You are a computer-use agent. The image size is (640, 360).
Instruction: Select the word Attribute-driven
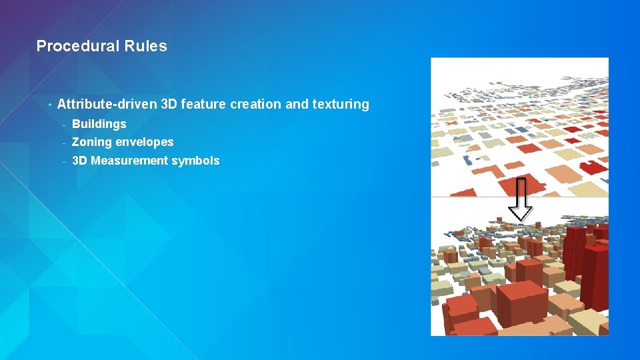click(x=107, y=104)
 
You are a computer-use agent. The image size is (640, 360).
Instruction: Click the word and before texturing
click(x=296, y=104)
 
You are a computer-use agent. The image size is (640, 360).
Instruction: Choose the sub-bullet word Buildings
click(x=99, y=124)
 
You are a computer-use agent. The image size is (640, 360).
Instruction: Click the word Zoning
click(x=91, y=142)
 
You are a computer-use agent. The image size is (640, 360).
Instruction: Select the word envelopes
click(x=144, y=142)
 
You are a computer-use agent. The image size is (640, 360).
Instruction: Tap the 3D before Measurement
click(x=79, y=161)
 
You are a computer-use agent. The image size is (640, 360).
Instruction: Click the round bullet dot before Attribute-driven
click(x=50, y=105)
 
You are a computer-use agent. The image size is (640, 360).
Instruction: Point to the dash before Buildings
click(x=63, y=125)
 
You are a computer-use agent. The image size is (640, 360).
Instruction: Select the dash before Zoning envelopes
click(x=63, y=143)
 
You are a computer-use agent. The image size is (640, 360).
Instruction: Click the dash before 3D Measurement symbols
click(x=63, y=161)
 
